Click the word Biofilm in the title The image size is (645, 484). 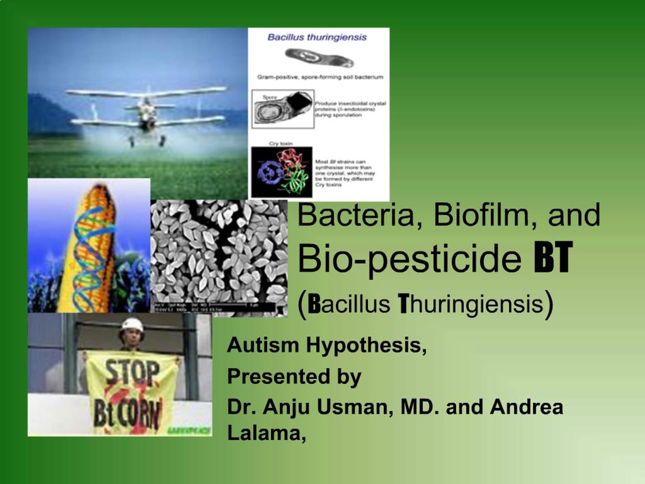coord(486,215)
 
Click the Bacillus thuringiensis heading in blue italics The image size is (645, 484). coord(317,37)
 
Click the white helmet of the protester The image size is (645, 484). coord(133,325)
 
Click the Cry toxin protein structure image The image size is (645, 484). coord(282,172)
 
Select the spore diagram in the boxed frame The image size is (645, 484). coord(282,109)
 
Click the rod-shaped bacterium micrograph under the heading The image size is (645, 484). coord(319,58)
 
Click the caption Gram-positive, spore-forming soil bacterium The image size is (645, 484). coord(320,77)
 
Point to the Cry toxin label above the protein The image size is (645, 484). coord(280,143)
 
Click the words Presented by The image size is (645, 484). coord(294,376)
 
